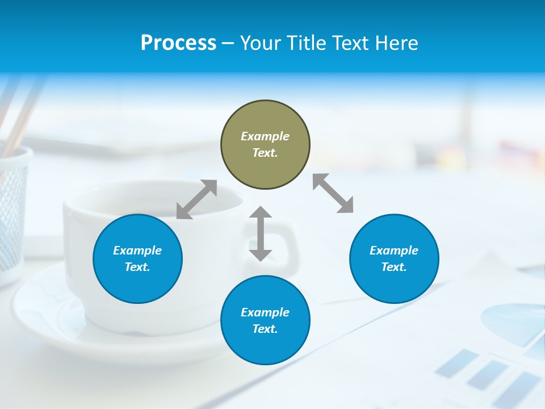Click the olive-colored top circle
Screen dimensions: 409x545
pos(265,145)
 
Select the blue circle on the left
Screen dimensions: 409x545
pos(137,258)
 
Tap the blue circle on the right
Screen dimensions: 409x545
pos(394,258)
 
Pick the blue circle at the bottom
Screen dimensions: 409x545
pos(265,320)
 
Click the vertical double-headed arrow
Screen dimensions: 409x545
pos(261,233)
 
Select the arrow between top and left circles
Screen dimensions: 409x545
pos(196,199)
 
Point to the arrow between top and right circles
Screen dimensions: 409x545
pos(333,193)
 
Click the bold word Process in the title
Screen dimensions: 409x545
pos(178,43)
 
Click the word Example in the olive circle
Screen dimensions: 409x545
pos(265,136)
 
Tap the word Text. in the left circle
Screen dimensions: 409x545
pos(137,267)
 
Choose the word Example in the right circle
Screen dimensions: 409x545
pos(394,251)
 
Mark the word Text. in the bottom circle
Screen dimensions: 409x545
pos(265,329)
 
